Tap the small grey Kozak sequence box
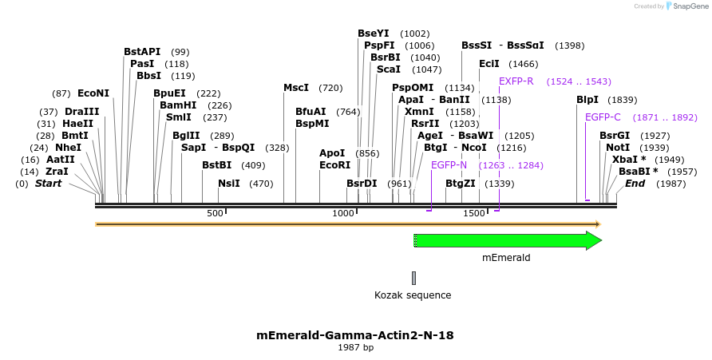click(413, 278)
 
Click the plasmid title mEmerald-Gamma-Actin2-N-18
click(355, 335)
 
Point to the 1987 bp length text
click(355, 348)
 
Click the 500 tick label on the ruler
click(215, 213)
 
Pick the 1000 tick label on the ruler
click(343, 213)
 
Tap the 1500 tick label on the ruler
click(474, 213)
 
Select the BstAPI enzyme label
click(142, 51)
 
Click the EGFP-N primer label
click(449, 164)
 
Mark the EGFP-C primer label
click(603, 117)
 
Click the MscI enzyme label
click(296, 88)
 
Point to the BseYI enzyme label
click(374, 34)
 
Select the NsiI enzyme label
click(229, 184)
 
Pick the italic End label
click(635, 184)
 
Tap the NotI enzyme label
click(617, 148)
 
